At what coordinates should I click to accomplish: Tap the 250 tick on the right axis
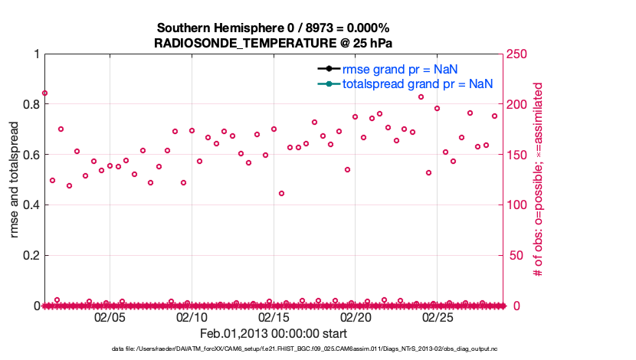point(517,54)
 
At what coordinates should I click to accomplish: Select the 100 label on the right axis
point(517,205)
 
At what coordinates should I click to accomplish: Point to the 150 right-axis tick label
point(517,155)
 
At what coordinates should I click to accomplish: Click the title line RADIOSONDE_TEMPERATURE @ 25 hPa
point(274,43)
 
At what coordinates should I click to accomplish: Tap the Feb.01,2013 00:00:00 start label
point(274,333)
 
